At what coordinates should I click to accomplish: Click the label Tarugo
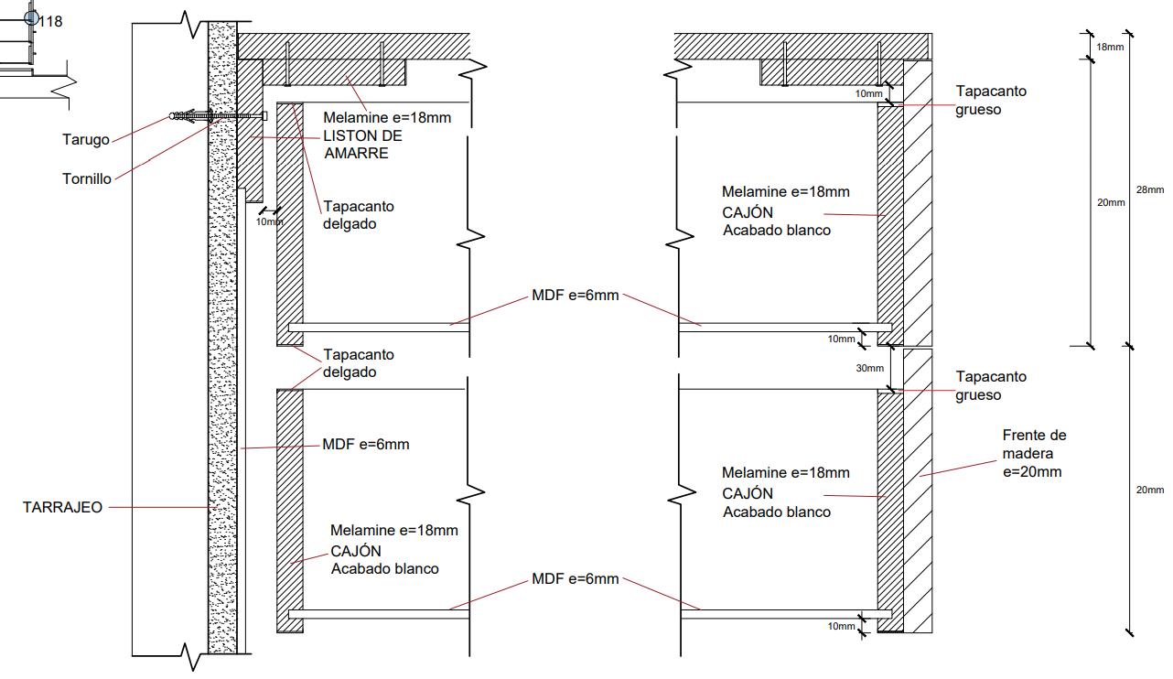click(x=85, y=140)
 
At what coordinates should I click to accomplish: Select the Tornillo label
click(x=87, y=178)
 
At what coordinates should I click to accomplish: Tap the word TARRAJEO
click(x=62, y=507)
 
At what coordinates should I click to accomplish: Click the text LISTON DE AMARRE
click(x=362, y=145)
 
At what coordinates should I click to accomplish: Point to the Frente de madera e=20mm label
click(x=1034, y=453)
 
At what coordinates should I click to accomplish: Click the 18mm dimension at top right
click(x=1110, y=47)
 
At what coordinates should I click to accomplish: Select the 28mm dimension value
click(x=1150, y=189)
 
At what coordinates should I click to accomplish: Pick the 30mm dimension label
click(x=870, y=369)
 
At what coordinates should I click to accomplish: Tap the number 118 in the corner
click(x=51, y=21)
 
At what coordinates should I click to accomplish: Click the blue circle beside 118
click(x=32, y=16)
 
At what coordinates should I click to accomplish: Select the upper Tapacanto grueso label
click(x=991, y=100)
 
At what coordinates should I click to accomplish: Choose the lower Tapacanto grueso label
click(x=991, y=385)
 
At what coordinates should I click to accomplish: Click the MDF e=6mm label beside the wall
click(x=365, y=445)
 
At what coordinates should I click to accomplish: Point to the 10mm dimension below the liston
click(x=269, y=222)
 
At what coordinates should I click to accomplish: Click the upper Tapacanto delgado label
click(x=359, y=215)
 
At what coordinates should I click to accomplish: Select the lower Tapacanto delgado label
click(x=359, y=363)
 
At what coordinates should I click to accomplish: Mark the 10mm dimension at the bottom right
click(x=841, y=626)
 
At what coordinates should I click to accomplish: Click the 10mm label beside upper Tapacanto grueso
click(x=869, y=93)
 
